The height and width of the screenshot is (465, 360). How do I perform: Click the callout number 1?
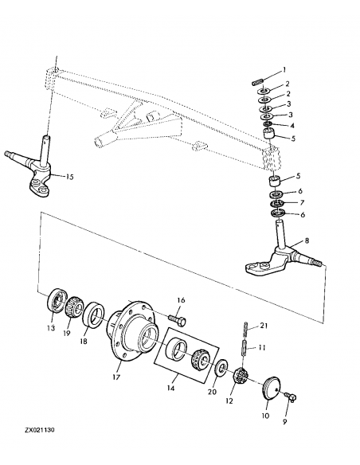point(285,70)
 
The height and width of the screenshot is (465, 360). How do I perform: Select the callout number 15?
point(69,176)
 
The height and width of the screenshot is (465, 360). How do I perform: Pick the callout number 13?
point(50,328)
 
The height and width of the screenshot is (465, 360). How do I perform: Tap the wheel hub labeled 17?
point(135,326)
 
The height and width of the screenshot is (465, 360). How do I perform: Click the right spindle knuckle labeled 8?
point(282,256)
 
